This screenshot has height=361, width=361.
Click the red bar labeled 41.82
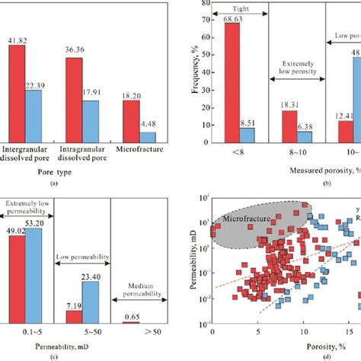(18, 92)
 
